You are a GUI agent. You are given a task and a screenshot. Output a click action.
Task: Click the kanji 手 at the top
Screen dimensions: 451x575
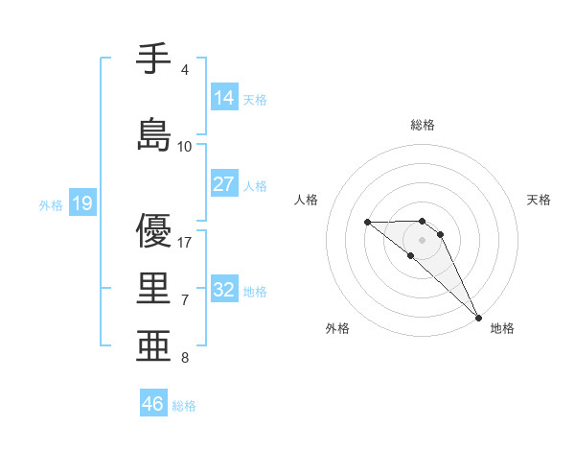pos(154,60)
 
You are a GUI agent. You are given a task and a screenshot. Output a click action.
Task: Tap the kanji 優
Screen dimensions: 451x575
pos(154,230)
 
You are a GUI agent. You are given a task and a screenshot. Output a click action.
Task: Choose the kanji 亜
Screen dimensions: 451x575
pos(154,344)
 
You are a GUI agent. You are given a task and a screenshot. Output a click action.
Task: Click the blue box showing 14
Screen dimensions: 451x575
pos(224,97)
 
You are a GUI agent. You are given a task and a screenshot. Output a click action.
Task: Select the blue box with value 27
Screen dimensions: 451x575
pos(224,183)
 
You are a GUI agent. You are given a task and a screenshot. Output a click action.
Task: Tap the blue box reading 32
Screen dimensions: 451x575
pos(224,290)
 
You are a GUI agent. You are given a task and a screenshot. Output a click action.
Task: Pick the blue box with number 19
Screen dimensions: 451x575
pos(82,202)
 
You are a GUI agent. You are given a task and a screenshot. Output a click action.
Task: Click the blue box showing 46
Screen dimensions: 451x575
pos(153,404)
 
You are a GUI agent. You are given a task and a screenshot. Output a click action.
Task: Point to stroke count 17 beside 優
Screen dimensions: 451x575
pos(185,242)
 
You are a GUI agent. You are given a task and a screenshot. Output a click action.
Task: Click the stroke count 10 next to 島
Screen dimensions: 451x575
pos(185,146)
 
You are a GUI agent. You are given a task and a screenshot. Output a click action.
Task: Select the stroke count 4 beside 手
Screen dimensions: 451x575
pos(184,70)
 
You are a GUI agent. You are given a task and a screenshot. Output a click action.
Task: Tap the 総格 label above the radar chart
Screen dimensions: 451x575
pos(423,125)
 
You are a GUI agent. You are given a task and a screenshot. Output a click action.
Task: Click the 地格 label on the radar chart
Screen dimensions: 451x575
pos(502,328)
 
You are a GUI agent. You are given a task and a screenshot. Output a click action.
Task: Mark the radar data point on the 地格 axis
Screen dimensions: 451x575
pos(478,317)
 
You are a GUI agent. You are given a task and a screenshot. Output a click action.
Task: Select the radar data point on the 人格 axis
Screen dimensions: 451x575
pos(367,222)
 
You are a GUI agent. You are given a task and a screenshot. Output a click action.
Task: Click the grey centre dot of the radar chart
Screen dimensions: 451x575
pos(423,240)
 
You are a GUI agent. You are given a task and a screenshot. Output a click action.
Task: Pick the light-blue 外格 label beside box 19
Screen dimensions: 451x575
pos(50,204)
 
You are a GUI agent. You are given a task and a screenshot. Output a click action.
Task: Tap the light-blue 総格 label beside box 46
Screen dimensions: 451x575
pos(184,406)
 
